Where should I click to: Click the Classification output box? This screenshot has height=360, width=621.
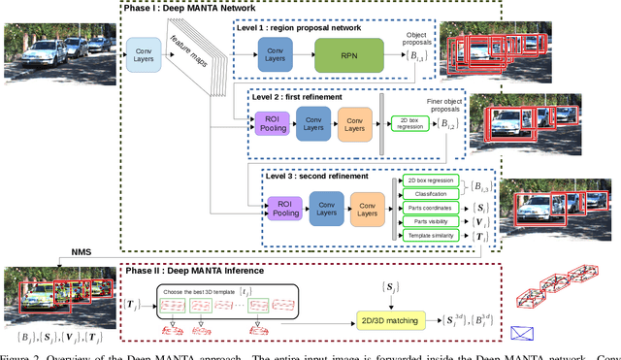coord(430,193)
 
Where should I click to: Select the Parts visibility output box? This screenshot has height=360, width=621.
coord(430,221)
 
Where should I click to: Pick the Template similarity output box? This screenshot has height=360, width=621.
coord(430,236)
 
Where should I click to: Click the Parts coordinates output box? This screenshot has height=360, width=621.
coord(430,208)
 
